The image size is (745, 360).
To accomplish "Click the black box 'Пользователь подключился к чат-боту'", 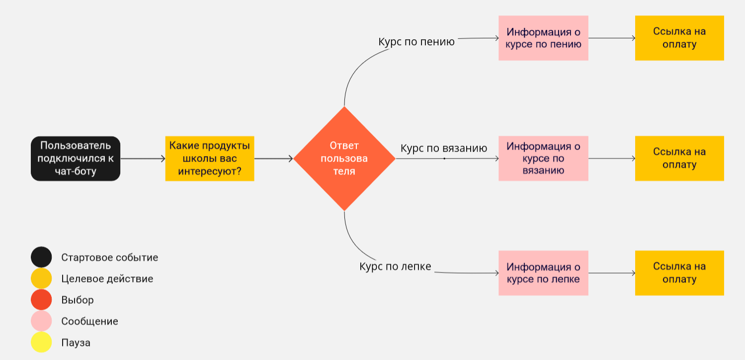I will [76, 159].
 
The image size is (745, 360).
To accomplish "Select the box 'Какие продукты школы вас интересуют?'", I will [209, 159].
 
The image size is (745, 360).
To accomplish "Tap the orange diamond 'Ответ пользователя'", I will [344, 159].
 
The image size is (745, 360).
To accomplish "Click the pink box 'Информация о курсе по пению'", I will [543, 38].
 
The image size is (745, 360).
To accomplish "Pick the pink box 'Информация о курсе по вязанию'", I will [543, 159].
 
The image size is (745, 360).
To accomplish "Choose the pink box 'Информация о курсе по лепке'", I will [543, 273].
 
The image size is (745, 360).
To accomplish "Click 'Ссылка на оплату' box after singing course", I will [679, 38].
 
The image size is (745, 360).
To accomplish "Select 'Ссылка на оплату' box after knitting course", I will [679, 159].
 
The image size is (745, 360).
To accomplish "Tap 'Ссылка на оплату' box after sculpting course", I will [679, 273].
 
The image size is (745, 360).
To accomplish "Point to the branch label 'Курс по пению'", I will [416, 42].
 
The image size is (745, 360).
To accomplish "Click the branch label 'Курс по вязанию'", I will [444, 149].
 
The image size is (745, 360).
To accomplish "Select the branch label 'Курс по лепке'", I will [395, 267].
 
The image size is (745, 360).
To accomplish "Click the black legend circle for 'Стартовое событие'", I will [41, 258].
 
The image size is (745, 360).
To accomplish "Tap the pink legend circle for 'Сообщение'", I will [41, 321].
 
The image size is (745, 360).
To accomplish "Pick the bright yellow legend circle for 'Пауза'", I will [41, 343].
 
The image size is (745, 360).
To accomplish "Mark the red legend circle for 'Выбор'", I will [41, 300].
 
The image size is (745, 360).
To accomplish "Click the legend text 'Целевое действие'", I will [107, 279].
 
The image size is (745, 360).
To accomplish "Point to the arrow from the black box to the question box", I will [143, 159].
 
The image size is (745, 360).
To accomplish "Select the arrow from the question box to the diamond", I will [274, 159].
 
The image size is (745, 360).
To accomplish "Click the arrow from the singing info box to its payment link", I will [611, 38].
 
